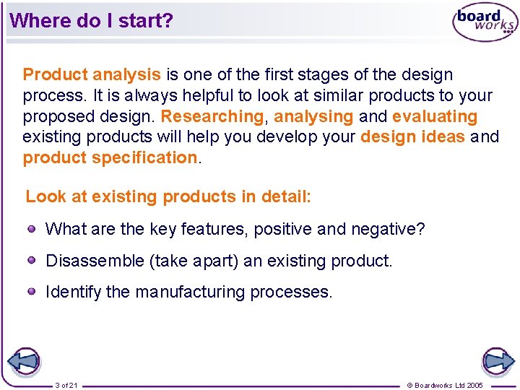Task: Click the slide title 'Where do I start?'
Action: coord(92,20)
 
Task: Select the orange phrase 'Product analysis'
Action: coord(92,74)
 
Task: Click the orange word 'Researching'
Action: coord(212,116)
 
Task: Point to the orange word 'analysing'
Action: coord(313,116)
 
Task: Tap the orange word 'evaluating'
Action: coord(435,116)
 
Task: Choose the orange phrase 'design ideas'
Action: coord(412,136)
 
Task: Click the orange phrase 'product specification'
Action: coord(110,157)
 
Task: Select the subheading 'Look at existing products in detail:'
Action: coord(168,196)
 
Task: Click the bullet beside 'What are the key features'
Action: coord(32,229)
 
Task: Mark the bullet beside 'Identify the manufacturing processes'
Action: coord(32,291)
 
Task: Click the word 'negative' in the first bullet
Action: coord(384,230)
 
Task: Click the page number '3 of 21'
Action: coord(66,385)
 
